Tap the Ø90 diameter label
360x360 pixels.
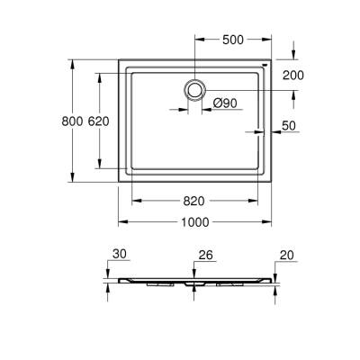226,103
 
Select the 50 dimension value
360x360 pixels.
289,125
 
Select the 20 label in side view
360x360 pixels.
288,256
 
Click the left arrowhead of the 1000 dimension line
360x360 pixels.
121,222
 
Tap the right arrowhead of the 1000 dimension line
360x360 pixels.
270,222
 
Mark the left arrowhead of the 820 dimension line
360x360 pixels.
135,200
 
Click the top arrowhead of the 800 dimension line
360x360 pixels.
71,63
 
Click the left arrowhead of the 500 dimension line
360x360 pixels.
197,40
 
